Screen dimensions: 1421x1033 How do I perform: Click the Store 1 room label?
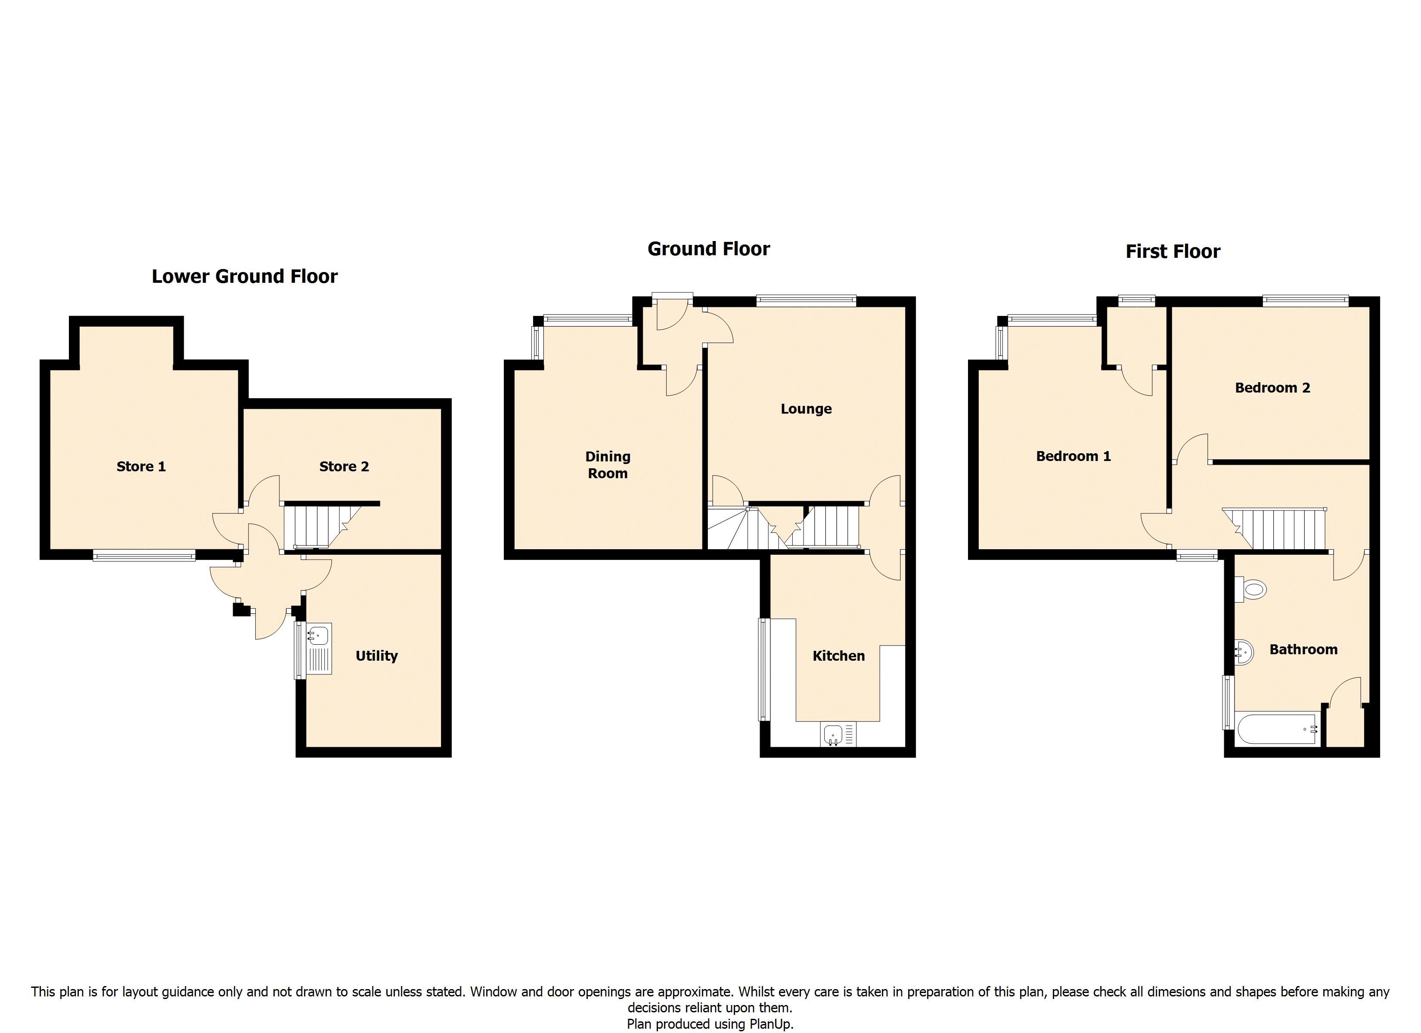(141, 467)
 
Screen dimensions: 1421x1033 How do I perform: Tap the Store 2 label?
(344, 467)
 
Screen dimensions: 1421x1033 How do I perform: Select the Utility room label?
(376, 656)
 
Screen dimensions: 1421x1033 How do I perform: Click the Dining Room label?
(608, 465)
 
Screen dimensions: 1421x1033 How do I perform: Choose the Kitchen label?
(838, 656)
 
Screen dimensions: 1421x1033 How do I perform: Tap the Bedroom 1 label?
(1073, 456)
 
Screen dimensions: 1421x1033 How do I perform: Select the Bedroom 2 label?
(1272, 388)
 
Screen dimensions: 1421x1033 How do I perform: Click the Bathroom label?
(1303, 649)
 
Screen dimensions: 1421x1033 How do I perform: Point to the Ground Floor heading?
(709, 249)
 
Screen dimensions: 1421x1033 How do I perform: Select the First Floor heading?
(1173, 251)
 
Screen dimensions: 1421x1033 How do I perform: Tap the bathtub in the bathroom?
(1278, 729)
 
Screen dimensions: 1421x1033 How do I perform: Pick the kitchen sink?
(838, 734)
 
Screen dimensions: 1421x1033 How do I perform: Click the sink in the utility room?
(319, 649)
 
